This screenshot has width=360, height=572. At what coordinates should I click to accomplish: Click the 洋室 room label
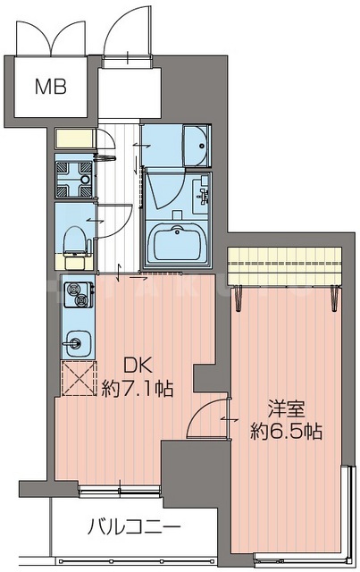(287, 410)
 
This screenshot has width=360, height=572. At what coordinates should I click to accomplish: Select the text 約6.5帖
(287, 432)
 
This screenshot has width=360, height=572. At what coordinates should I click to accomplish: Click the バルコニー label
(134, 525)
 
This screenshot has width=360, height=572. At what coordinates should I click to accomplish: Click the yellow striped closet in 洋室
(285, 265)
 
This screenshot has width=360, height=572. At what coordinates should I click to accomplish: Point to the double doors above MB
(52, 34)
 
